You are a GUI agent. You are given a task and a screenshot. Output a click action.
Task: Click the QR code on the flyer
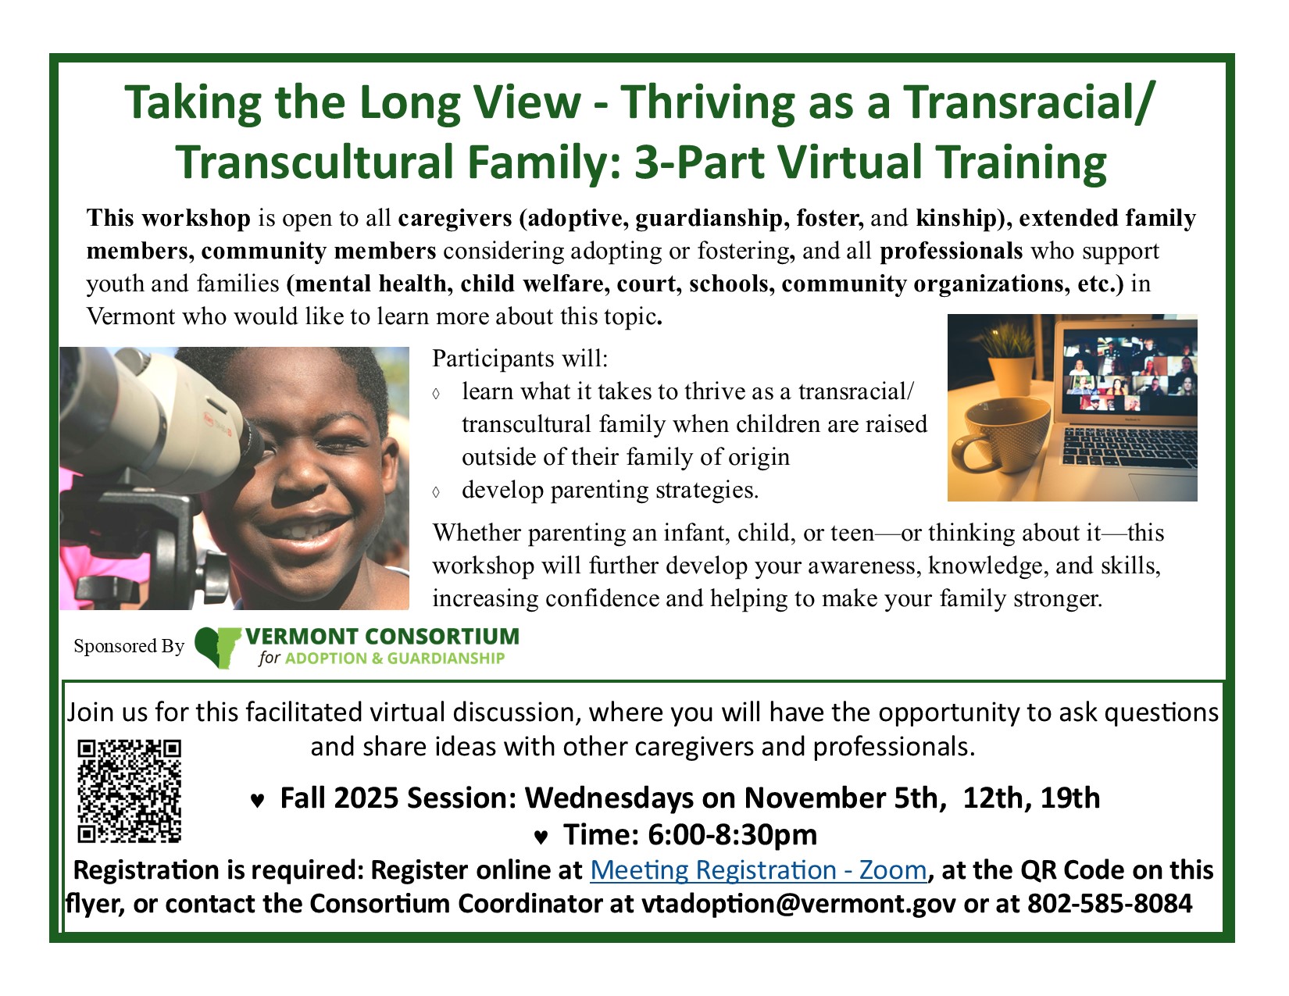coord(130,791)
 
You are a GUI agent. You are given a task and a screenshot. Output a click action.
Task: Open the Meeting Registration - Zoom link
coord(758,870)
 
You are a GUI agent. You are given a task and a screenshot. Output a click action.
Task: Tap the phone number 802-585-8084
coord(1109,904)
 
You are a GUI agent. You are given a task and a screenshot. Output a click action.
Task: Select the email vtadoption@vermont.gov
coord(798,904)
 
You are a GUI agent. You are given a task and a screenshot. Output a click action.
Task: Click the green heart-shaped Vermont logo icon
coord(216,647)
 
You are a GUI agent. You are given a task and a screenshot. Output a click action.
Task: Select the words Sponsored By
coord(130,646)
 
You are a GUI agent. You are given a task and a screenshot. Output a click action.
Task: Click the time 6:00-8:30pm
coord(732,834)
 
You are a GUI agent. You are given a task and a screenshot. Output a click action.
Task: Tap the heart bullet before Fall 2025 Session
coord(257,801)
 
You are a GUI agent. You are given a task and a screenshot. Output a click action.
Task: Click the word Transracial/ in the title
coord(1030,102)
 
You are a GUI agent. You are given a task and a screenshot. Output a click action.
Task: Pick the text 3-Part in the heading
coord(699,162)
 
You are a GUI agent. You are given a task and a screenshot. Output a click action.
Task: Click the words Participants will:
coord(520,359)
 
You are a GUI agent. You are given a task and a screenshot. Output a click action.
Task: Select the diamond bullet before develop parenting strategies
coord(436,492)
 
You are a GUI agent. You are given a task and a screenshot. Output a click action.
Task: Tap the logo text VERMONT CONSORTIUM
coord(383,637)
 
